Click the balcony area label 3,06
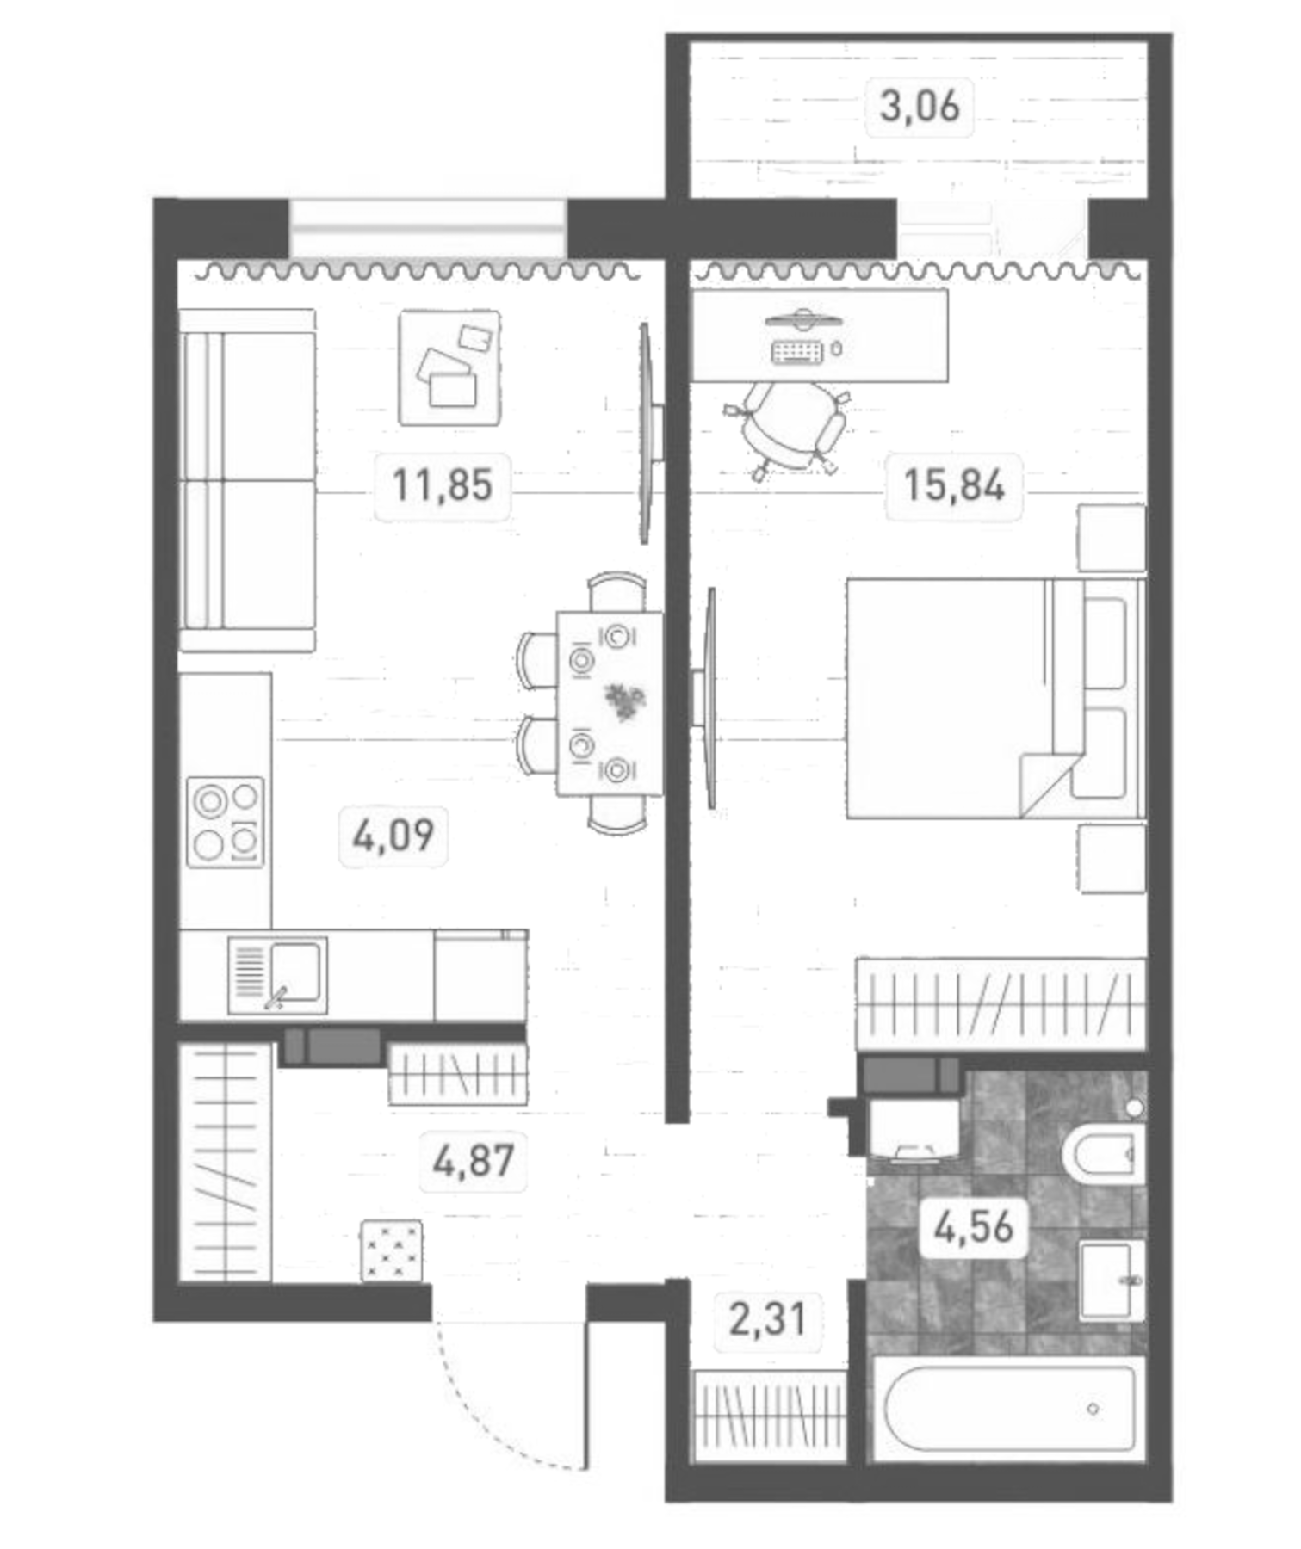coord(919,107)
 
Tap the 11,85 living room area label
coord(443,484)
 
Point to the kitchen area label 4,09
coord(393,835)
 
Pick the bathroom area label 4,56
coord(974,1227)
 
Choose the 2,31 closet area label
coord(767,1319)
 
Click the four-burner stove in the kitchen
coord(226,822)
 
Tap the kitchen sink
coord(278,974)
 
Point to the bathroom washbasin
coord(1112,1281)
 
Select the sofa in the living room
coord(246,480)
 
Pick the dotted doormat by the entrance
coord(392,1250)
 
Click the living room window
coord(428,228)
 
